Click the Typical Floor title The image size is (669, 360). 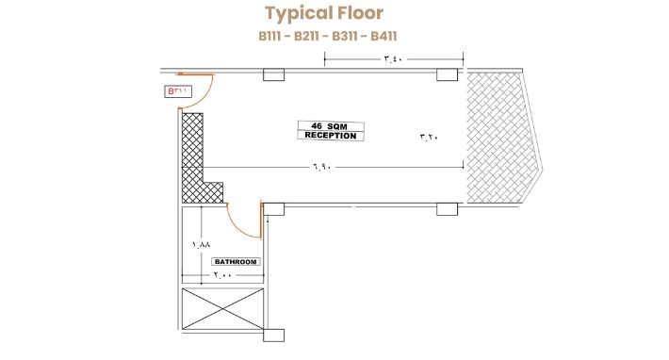[324, 13]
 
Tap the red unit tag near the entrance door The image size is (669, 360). [178, 91]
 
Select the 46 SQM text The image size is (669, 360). [330, 126]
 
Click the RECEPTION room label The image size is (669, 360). [331, 136]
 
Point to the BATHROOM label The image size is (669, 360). [236, 261]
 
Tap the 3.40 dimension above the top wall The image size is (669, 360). [393, 58]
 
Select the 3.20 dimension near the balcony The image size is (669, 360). [430, 137]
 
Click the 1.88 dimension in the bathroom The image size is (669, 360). [202, 245]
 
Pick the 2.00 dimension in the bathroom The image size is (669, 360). [222, 275]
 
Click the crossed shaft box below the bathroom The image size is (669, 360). [222, 309]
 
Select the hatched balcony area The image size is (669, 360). [501, 137]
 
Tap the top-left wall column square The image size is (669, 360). [273, 74]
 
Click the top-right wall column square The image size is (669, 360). [448, 74]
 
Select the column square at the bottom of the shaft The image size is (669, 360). [273, 335]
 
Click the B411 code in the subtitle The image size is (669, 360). [383, 36]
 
